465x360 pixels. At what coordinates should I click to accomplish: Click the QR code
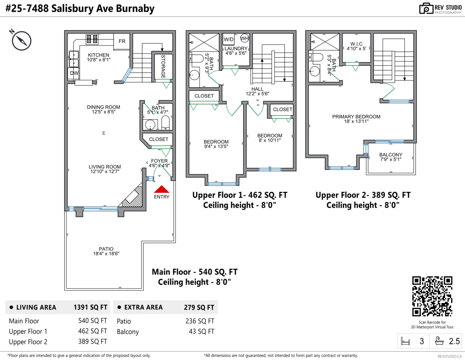pos(432,296)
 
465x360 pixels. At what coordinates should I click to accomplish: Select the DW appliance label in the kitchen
pos(74,73)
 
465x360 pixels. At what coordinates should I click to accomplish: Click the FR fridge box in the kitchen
pos(122,41)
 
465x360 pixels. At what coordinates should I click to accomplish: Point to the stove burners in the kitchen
pos(92,39)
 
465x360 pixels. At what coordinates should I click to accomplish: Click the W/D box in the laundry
pos(229,39)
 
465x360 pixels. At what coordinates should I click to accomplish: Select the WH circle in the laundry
pos(245,38)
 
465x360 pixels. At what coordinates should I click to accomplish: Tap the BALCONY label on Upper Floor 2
pos(391,155)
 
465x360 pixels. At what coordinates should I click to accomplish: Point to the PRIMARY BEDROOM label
pos(356,116)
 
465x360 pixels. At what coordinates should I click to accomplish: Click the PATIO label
pos(106,249)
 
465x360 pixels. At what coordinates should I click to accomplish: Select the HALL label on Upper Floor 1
pos(257,89)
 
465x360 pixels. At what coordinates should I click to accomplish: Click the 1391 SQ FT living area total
pos(90,307)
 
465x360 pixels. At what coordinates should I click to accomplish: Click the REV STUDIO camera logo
pos(426,9)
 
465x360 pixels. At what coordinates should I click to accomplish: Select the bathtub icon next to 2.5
pos(439,341)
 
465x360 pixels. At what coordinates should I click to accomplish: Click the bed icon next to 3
pos(405,341)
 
